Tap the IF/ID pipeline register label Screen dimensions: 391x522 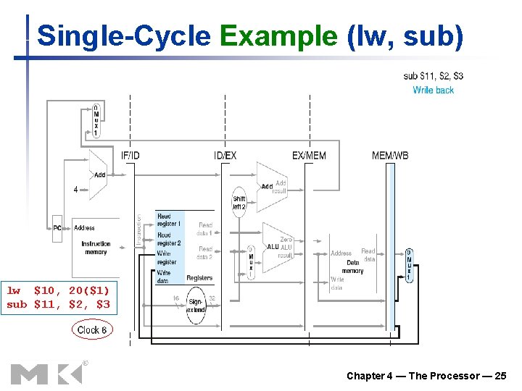[131, 156]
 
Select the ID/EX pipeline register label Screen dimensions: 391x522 [225, 156]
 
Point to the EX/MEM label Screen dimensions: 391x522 [309, 156]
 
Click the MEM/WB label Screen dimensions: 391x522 [390, 156]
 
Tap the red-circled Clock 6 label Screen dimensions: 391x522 [91, 329]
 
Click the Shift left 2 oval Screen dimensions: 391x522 [239, 202]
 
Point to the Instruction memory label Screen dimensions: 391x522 [96, 248]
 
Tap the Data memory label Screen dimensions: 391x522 [352, 266]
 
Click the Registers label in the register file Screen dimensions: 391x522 [199, 278]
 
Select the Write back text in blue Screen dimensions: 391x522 [433, 90]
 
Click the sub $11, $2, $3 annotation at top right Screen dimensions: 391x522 [433, 76]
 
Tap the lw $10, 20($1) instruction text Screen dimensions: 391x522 [58, 290]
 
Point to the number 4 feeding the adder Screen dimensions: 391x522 [76, 190]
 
